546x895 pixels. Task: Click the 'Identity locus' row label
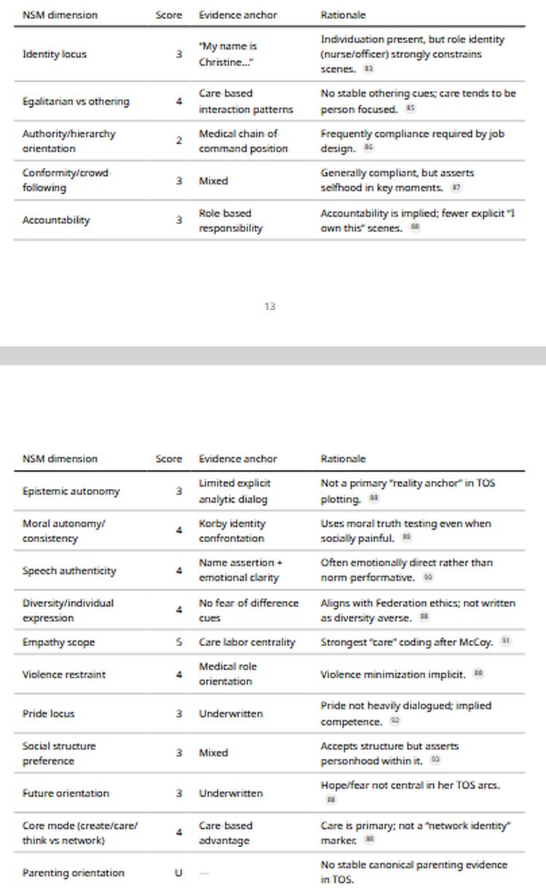55,55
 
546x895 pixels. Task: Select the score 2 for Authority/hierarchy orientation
179,141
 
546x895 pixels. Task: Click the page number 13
270,306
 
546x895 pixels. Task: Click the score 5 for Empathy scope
179,643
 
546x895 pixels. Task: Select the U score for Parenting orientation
179,872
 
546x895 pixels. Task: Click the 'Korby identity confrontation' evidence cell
232,531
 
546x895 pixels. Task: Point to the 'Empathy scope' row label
59,643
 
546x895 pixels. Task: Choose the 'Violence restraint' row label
64,675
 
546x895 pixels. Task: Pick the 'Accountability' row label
56,220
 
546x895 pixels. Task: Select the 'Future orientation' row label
66,793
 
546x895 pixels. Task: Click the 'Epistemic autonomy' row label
71,491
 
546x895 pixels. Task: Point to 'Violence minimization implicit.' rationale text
393,675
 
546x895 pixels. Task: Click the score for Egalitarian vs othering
179,101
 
